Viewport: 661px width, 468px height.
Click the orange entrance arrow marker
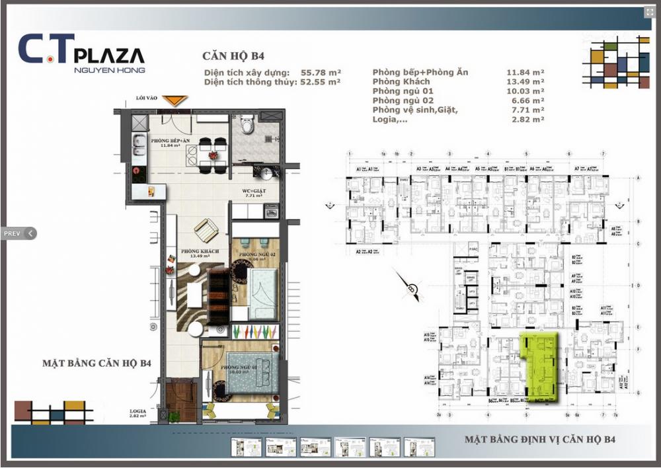point(175,100)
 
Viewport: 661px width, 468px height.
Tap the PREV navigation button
point(18,233)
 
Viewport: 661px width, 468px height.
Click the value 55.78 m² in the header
point(320,71)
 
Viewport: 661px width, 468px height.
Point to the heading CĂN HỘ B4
point(233,56)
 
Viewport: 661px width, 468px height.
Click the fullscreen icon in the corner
point(649,12)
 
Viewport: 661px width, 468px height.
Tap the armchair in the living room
point(206,230)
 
